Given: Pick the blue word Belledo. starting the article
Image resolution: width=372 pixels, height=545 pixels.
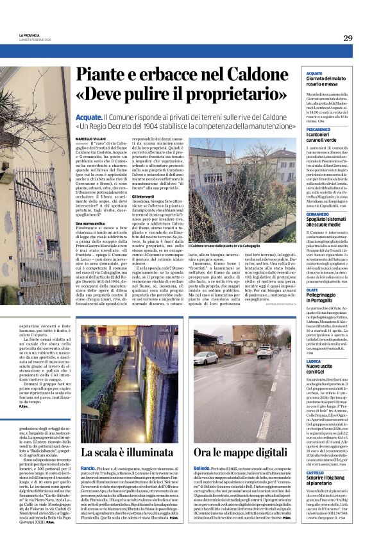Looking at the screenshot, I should point(203,469).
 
